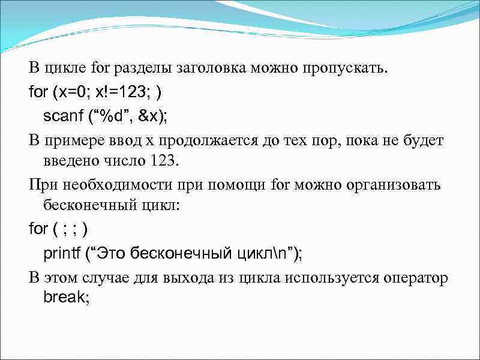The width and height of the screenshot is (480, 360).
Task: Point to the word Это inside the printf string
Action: (112, 253)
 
